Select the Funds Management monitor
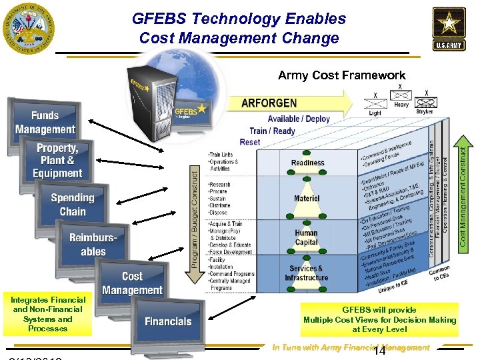(x=45, y=122)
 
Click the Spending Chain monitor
(x=72, y=204)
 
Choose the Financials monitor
(x=168, y=321)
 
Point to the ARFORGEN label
(x=269, y=104)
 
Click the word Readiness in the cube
(x=307, y=163)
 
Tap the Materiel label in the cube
(x=307, y=198)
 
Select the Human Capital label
(x=306, y=238)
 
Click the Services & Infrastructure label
(x=306, y=273)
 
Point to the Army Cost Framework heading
(x=341, y=75)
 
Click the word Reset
(x=250, y=142)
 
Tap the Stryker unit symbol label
(x=425, y=112)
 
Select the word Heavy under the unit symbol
(x=401, y=105)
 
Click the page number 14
(x=381, y=351)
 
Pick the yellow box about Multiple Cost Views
(x=379, y=319)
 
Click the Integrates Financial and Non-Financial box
(x=47, y=314)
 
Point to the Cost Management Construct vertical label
(x=464, y=190)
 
